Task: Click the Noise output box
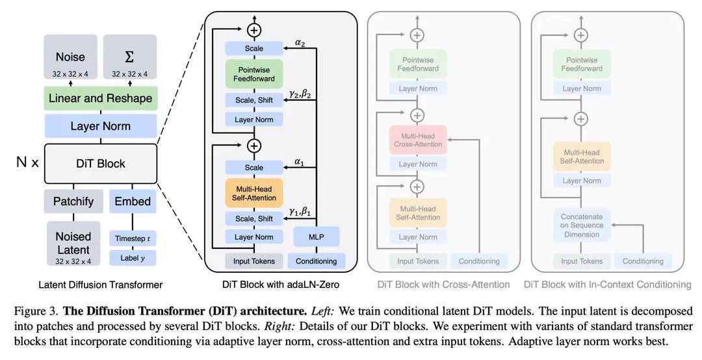point(70,57)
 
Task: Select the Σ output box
point(130,57)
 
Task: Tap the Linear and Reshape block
point(101,99)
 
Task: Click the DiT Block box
point(101,164)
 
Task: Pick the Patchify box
point(73,201)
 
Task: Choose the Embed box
point(133,201)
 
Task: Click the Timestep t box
point(133,238)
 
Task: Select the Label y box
point(133,258)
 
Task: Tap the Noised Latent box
point(73,243)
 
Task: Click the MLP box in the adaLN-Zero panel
point(317,237)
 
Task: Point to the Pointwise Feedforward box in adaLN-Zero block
point(254,74)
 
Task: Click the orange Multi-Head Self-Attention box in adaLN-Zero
point(254,193)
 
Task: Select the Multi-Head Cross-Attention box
point(418,140)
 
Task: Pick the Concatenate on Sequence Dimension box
point(582,225)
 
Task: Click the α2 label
point(300,42)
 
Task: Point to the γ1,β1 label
point(300,211)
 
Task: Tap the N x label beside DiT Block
point(27,162)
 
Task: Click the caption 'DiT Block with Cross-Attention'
point(444,285)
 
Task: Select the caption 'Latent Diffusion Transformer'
point(101,285)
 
